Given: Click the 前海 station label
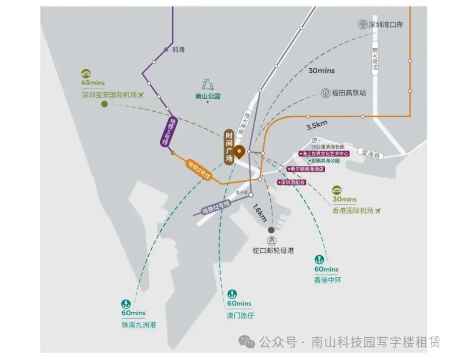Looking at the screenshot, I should coord(178,49).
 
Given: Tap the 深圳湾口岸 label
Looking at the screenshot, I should coord(385,25).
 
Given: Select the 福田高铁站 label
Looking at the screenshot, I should coord(348,93).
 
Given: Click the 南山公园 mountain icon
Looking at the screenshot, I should coord(208,85).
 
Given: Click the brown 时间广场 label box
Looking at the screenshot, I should coord(229,147).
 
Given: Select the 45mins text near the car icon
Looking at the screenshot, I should coord(93,83).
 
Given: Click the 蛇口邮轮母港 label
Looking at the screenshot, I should coord(273,250).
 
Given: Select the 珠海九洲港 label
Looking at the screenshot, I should coord(133,325).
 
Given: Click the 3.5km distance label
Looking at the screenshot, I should coord(316,125).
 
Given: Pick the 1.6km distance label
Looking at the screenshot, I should coord(260,213).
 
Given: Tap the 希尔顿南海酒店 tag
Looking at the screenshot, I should coord(306,169).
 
